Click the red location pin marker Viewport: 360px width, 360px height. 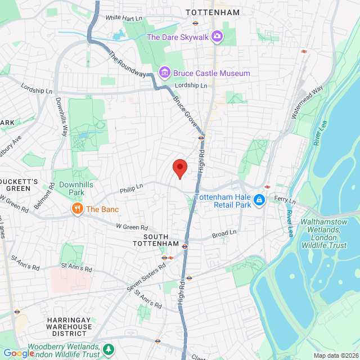pyautogui.click(x=179, y=168)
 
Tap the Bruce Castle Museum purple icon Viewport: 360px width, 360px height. pyautogui.click(x=164, y=73)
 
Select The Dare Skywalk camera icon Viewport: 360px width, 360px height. pyautogui.click(x=217, y=37)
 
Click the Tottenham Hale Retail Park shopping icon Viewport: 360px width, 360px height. pyautogui.click(x=259, y=200)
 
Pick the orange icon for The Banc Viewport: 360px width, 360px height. pyautogui.click(x=78, y=209)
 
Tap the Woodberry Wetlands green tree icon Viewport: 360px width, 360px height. pyautogui.click(x=108, y=350)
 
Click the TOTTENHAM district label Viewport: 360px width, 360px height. pyautogui.click(x=213, y=12)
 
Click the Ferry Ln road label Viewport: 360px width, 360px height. pyautogui.click(x=285, y=199)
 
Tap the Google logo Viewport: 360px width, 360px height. pyautogui.click(x=18, y=353)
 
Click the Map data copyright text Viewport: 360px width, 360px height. pyautogui.click(x=335, y=355)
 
